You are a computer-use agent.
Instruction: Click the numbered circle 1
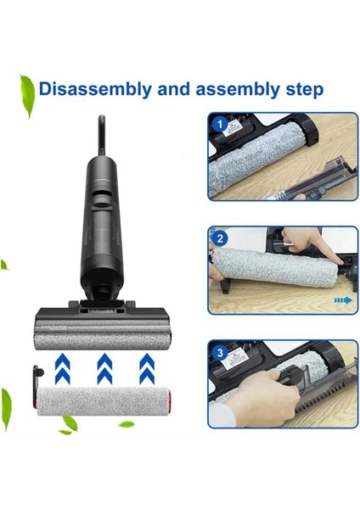click(x=221, y=124)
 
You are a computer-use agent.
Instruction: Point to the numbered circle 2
click(x=221, y=238)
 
